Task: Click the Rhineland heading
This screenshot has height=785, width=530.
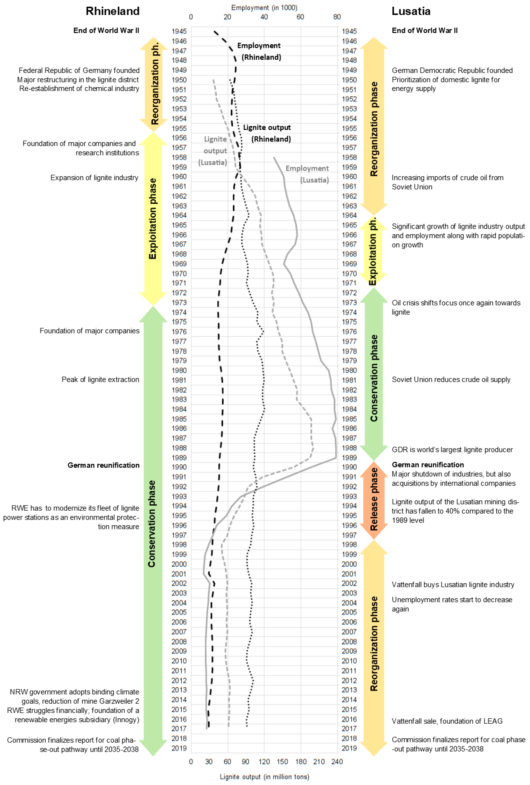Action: [113, 11]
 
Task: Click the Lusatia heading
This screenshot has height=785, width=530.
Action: [411, 11]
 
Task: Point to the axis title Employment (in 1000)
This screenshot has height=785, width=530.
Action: [264, 7]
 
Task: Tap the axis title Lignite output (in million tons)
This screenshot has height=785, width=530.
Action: [264, 777]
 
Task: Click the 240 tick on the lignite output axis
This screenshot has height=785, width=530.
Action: [337, 761]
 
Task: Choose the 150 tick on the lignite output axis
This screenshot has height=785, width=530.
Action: [282, 761]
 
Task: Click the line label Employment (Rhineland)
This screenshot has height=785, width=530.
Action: [260, 51]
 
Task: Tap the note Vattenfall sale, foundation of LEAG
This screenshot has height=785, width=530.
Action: [447, 721]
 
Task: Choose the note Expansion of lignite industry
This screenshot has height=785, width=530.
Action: [94, 178]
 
